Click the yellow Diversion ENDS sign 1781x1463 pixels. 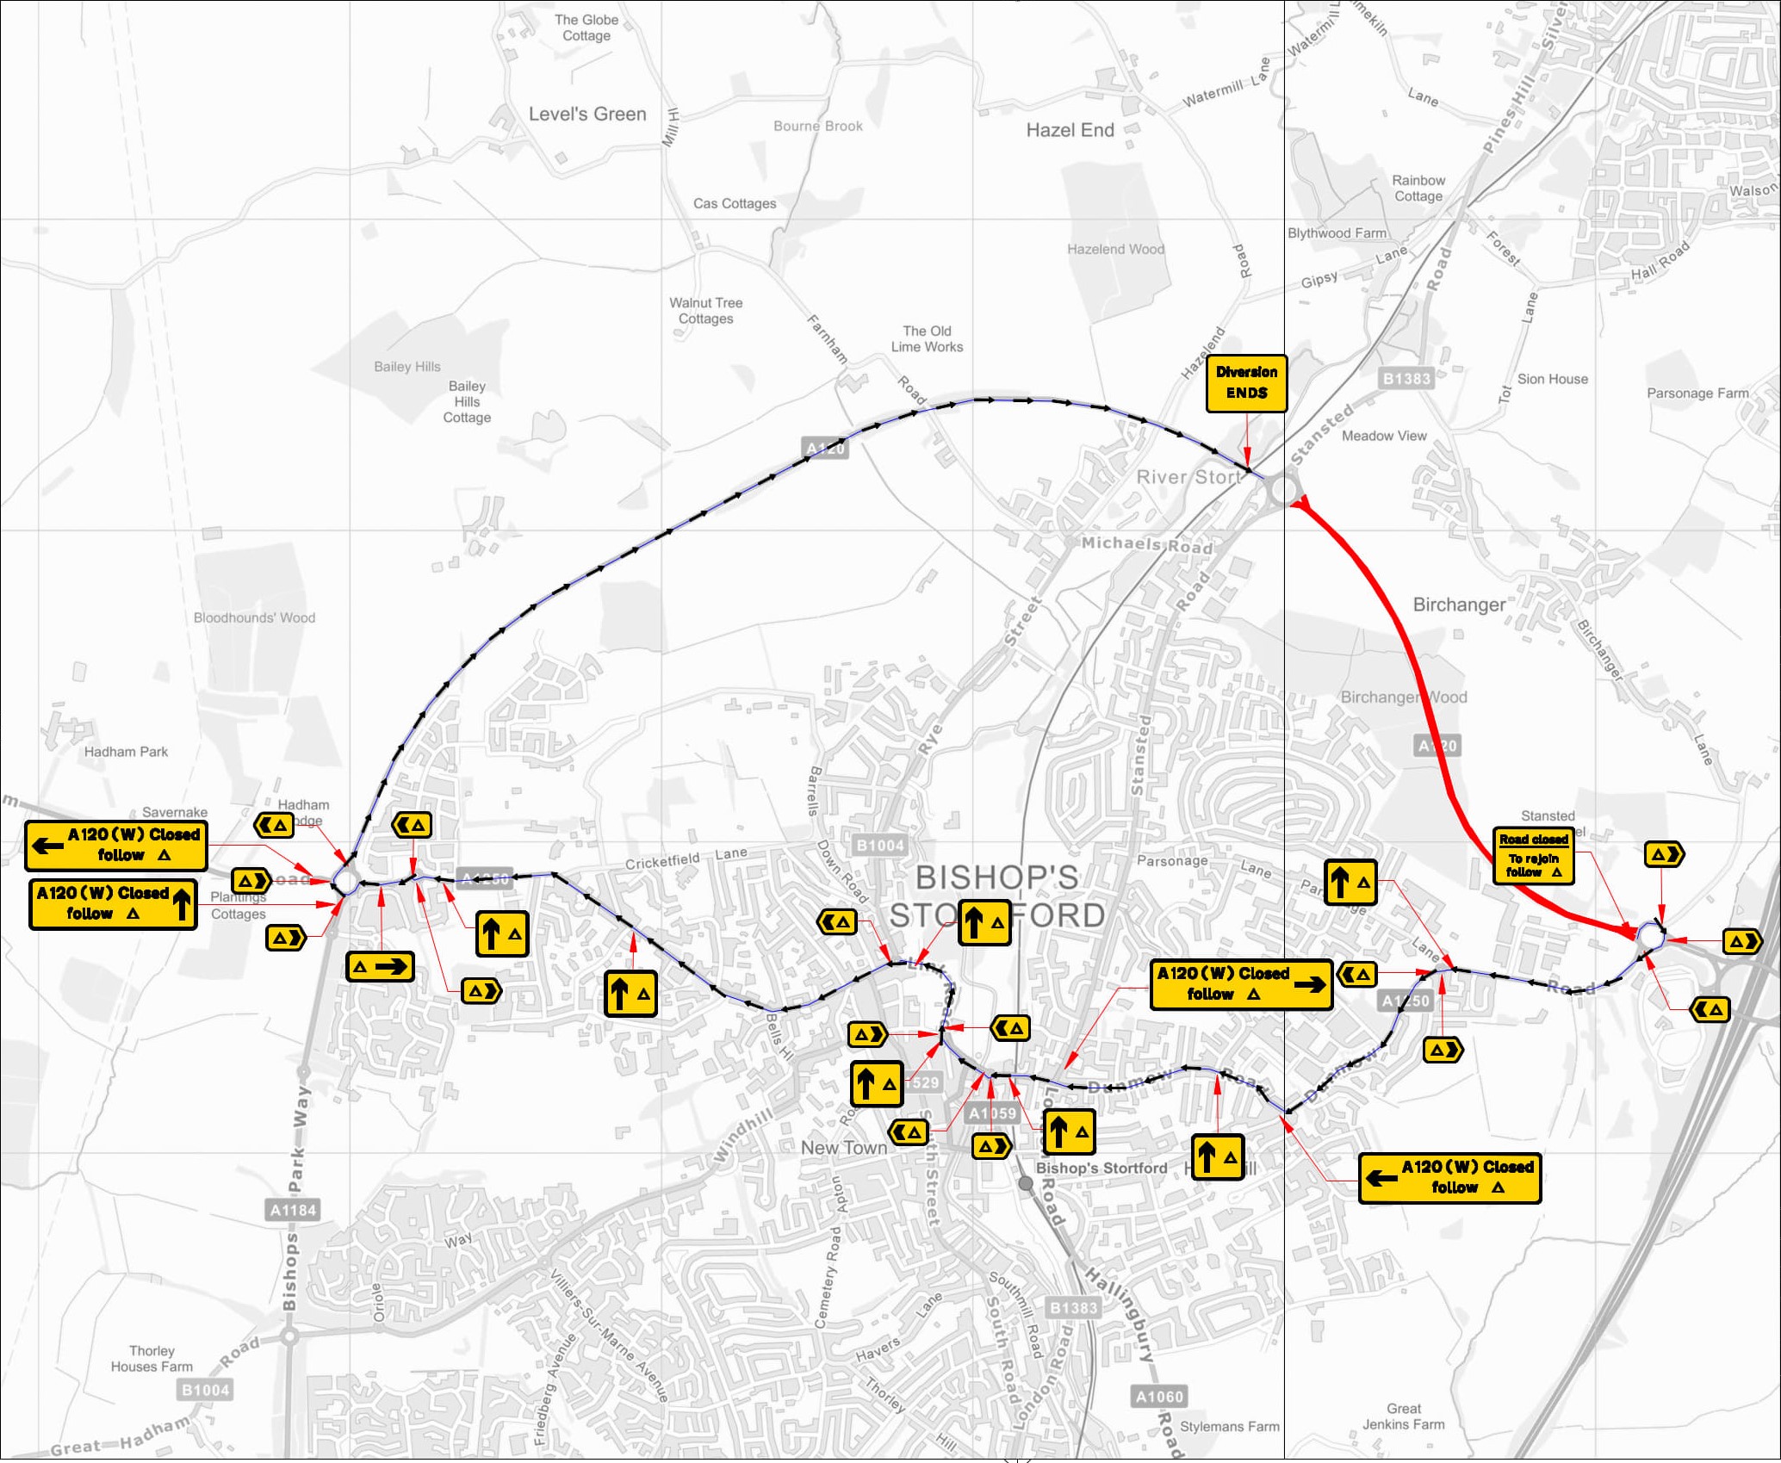[x=1246, y=383]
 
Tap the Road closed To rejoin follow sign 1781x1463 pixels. [x=1533, y=855]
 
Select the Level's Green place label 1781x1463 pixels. [x=587, y=114]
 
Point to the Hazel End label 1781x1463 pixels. [x=1070, y=130]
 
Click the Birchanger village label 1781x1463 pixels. [x=1459, y=604]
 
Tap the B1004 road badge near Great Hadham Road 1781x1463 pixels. [x=205, y=1390]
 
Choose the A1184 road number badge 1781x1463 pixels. [x=294, y=1210]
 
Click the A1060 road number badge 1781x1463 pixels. [x=1159, y=1396]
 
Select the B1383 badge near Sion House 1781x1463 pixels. [x=1406, y=378]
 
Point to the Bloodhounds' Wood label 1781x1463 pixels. [x=254, y=617]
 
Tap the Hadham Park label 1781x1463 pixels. [x=127, y=752]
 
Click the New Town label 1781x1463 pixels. [x=843, y=1148]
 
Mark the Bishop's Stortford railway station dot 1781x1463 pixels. [x=1026, y=1183]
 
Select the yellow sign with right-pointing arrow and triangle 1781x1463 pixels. [x=380, y=966]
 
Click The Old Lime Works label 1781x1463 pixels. [x=927, y=338]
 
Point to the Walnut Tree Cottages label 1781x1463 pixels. [x=705, y=310]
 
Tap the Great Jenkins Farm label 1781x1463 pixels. [x=1403, y=1416]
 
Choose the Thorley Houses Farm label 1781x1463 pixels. [x=152, y=1358]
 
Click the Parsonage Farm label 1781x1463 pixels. [x=1697, y=394]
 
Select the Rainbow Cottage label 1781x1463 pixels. [x=1418, y=188]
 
